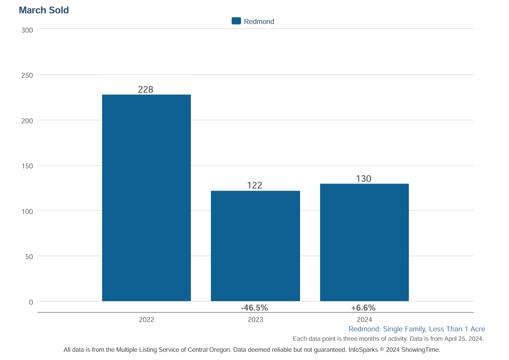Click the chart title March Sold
tap(44, 11)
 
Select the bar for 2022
tap(146, 198)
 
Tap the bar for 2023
tap(255, 246)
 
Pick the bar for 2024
tap(364, 242)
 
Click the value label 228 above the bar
tap(145, 90)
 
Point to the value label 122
tap(255, 185)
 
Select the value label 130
tap(363, 179)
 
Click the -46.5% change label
tap(255, 307)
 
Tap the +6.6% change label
tap(363, 307)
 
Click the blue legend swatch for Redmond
tap(236, 21)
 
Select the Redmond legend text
tap(259, 22)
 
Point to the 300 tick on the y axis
tap(27, 30)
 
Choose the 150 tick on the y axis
tap(27, 166)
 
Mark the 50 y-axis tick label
tap(29, 257)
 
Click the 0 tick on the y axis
tap(31, 302)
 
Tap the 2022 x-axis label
tap(146, 320)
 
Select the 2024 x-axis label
tap(364, 320)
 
